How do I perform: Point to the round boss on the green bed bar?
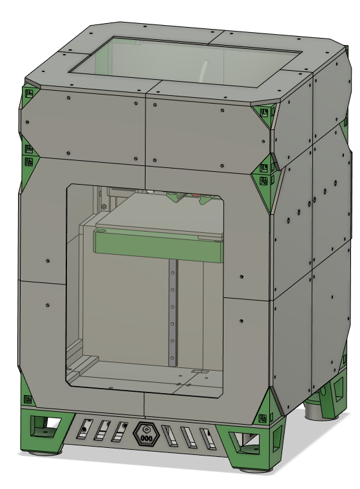click(x=101, y=230)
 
